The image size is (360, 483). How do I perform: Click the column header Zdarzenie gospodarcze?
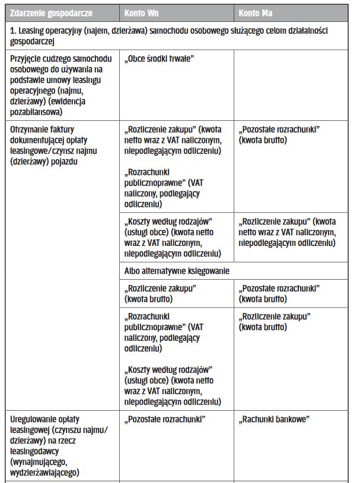click(x=51, y=12)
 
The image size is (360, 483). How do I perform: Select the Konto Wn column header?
click(x=141, y=12)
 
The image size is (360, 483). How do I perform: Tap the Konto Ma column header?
click(x=256, y=12)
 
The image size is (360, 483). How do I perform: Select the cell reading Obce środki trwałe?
click(x=160, y=59)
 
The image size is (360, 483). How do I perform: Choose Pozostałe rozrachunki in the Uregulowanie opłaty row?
click(x=165, y=420)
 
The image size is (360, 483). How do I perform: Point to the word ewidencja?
click(x=74, y=101)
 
